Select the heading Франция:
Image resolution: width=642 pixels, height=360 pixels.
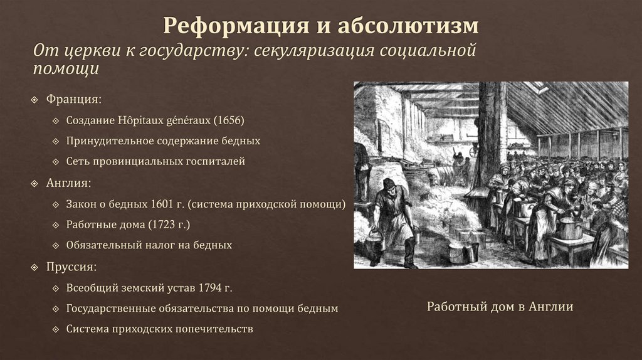(x=72, y=100)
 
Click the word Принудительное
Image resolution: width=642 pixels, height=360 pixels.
(x=108, y=140)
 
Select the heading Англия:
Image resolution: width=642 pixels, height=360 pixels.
(x=69, y=183)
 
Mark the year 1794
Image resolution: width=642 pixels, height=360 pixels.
(x=209, y=288)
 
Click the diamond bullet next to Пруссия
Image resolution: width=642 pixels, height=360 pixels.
(x=35, y=267)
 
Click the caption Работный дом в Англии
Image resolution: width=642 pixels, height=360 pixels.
(x=500, y=307)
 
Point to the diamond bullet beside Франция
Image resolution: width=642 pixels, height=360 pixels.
(x=35, y=100)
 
